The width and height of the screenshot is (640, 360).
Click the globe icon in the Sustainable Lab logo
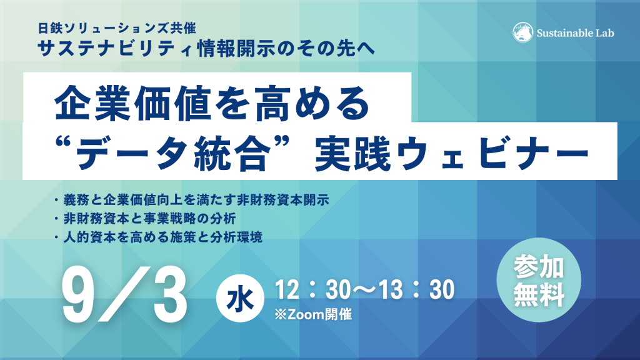coord(522,32)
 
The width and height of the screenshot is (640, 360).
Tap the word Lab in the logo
coord(605,33)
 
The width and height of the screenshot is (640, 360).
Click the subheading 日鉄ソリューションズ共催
coord(117,28)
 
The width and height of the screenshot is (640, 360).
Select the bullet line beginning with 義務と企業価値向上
coord(192,200)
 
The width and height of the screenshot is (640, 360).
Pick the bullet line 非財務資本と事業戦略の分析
coord(145,218)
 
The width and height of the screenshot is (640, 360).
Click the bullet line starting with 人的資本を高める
coord(158,237)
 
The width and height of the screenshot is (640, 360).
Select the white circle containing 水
coord(240,299)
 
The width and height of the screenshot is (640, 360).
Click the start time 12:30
coord(312,290)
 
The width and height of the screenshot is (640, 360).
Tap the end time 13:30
coord(417,290)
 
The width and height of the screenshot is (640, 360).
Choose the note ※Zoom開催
coord(313,314)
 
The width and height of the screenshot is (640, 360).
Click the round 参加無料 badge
coord(539,280)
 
